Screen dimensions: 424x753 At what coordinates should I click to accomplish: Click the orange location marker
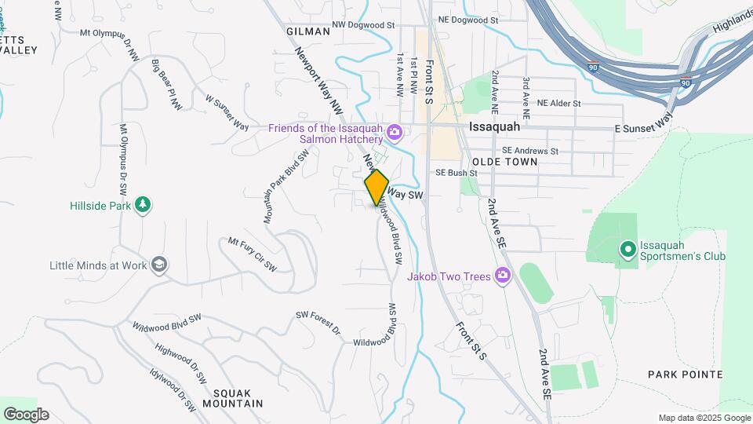pos(376,188)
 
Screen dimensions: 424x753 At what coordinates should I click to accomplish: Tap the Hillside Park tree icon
pos(142,205)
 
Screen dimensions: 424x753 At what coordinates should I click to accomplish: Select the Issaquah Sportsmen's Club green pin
pos(627,250)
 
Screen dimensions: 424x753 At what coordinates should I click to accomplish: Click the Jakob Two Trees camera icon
pos(503,276)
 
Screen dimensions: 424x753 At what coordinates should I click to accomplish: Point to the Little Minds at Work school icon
pos(160,265)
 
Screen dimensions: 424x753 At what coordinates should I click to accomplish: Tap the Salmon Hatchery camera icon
pos(395,132)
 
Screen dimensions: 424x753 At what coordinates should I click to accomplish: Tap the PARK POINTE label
pos(685,375)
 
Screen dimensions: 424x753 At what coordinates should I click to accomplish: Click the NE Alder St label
pos(558,103)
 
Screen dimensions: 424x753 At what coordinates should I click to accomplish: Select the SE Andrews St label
pos(529,151)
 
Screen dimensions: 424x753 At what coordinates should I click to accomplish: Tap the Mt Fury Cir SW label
pos(253,254)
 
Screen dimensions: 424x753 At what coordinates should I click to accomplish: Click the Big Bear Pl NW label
pos(166,84)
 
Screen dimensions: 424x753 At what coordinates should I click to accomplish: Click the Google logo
pos(26,415)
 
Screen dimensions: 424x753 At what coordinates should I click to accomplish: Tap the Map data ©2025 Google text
pos(704,418)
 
